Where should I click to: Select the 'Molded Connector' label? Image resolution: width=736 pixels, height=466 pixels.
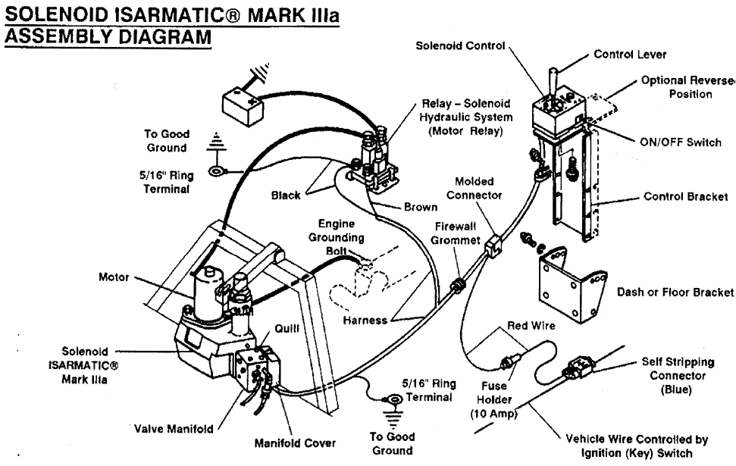pyautogui.click(x=476, y=188)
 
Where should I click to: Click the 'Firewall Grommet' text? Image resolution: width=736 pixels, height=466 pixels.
pyautogui.click(x=456, y=233)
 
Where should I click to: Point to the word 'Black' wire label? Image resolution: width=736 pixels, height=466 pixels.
pyautogui.click(x=287, y=195)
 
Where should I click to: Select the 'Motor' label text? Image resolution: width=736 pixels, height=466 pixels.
pyautogui.click(x=114, y=278)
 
